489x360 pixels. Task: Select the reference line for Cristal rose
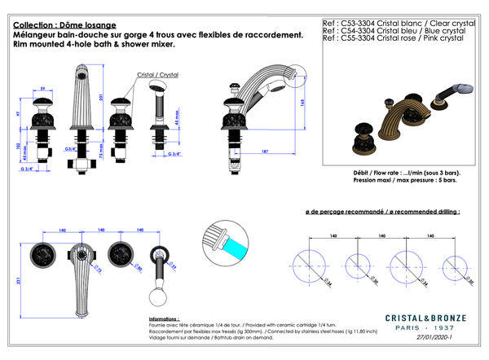tap(392, 37)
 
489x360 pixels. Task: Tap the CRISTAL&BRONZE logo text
tap(425, 318)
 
